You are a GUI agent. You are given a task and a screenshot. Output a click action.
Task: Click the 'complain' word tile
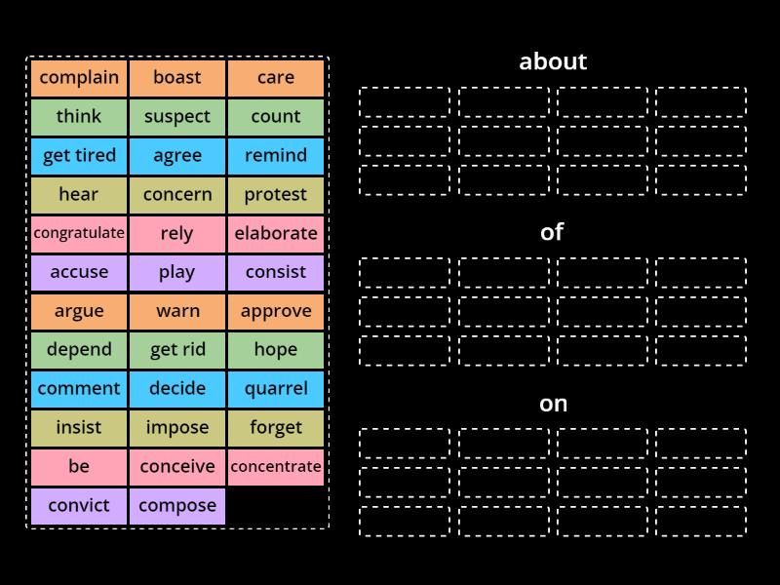[79, 78]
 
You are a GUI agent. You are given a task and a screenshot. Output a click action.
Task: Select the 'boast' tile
[177, 78]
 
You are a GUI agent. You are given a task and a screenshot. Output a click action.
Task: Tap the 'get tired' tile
[79, 156]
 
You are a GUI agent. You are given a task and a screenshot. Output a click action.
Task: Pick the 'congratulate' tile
[79, 233]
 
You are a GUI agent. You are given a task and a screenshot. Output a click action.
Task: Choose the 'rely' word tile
[177, 233]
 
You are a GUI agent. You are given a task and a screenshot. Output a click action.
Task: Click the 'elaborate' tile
[276, 233]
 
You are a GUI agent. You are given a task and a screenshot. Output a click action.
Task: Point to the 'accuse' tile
[79, 272]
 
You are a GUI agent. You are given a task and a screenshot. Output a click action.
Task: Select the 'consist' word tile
[276, 272]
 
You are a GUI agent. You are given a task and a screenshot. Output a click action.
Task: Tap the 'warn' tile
[177, 311]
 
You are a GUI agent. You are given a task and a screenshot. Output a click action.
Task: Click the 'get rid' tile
[177, 350]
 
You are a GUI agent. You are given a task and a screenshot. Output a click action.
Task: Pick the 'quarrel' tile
[276, 389]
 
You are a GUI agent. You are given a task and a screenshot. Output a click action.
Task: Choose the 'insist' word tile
[79, 428]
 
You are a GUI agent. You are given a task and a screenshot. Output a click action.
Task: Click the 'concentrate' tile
[276, 467]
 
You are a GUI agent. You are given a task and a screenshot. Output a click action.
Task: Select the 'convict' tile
[79, 506]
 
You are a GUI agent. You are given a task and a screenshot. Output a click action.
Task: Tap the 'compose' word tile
[177, 506]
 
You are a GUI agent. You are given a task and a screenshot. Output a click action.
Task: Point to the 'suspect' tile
[177, 117]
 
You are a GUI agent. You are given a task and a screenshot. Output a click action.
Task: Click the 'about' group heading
[553, 61]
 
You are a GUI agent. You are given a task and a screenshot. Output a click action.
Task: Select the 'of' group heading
[553, 232]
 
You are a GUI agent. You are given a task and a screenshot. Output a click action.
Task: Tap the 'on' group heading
[553, 404]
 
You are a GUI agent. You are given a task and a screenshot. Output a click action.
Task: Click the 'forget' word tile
[276, 428]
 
